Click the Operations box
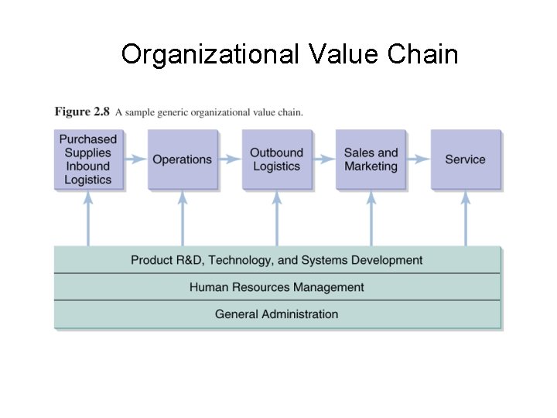(x=182, y=159)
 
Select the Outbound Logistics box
(x=276, y=159)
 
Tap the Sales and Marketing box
(x=371, y=159)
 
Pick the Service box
(x=465, y=159)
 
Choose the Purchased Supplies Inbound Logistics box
(x=88, y=159)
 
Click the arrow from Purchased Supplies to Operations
(x=135, y=159)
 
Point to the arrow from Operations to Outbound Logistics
(x=229, y=159)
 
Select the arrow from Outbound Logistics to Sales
(x=323, y=159)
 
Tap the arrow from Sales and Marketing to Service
(x=418, y=159)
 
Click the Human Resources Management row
(x=276, y=287)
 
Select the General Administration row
(x=276, y=314)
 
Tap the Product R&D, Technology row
(x=276, y=260)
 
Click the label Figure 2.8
(x=82, y=111)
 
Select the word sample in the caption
(x=140, y=112)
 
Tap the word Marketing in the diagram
(x=371, y=166)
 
